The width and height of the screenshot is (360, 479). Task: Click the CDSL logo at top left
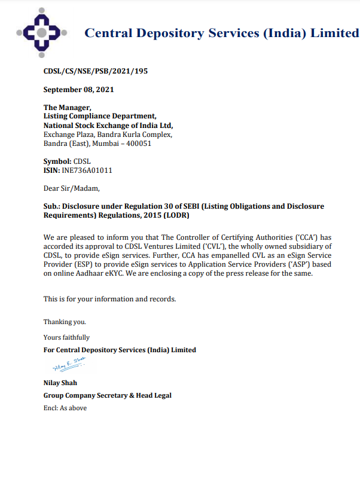pyautogui.click(x=41, y=33)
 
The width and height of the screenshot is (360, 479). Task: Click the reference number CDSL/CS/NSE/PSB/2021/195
pyautogui.click(x=95, y=71)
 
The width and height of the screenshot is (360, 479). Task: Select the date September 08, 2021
pyautogui.click(x=78, y=90)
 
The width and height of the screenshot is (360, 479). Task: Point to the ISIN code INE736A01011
pyautogui.click(x=87, y=170)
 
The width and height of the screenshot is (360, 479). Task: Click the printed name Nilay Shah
pyautogui.click(x=60, y=383)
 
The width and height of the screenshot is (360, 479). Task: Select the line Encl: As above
pyautogui.click(x=65, y=408)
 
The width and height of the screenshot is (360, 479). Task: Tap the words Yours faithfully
pyautogui.click(x=66, y=337)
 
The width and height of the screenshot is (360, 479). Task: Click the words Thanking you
pyautogui.click(x=65, y=322)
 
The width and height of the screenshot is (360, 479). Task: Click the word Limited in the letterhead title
pyautogui.click(x=335, y=33)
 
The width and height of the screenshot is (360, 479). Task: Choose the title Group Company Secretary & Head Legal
pyautogui.click(x=108, y=395)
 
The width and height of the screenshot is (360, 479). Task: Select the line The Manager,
pyautogui.click(x=66, y=108)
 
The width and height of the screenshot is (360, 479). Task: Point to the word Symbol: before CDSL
pyautogui.click(x=57, y=161)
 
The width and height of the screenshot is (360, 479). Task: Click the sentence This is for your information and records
pyautogui.click(x=109, y=298)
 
